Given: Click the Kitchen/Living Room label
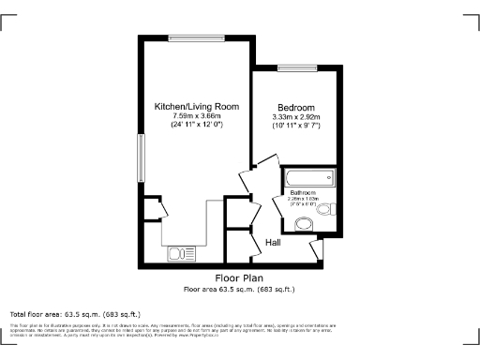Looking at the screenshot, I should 196,107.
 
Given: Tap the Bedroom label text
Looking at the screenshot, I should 296,107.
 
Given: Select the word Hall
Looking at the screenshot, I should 274,243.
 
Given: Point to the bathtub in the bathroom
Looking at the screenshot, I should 307,178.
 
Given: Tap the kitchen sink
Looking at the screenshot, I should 179,252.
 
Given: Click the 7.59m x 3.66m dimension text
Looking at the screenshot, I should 196,116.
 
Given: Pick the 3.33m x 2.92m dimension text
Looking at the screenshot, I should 296,116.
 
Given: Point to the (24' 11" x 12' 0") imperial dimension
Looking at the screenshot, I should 196,125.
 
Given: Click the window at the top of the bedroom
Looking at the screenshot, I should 295,67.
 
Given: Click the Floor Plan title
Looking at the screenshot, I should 238,278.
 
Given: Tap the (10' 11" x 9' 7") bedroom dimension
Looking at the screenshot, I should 296,125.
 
